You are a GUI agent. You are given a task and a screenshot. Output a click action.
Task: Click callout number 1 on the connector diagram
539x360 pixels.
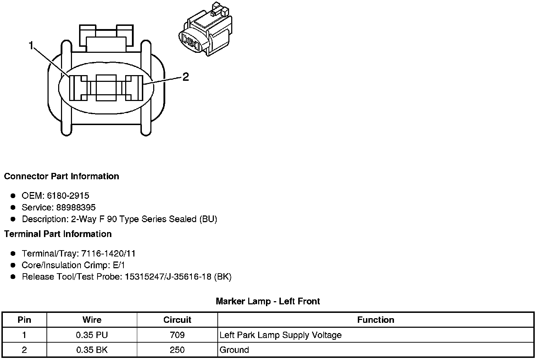31,45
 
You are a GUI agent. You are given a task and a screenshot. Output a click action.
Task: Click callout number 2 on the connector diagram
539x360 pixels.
185,77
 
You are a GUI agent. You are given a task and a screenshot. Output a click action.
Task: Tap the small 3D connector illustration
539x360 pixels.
206,29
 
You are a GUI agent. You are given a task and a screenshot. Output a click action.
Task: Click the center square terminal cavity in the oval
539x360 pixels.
106,88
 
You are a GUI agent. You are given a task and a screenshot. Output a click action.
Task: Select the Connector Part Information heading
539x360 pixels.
62,176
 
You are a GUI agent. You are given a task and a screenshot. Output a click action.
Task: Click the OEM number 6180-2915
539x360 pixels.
68,196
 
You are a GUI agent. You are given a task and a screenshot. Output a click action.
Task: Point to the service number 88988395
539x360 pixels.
76,207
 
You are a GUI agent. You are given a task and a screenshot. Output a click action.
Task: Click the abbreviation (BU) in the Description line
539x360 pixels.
208,219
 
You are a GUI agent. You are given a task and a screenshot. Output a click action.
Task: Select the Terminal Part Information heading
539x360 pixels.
58,234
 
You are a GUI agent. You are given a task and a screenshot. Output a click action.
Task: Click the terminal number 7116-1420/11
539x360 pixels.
108,253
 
